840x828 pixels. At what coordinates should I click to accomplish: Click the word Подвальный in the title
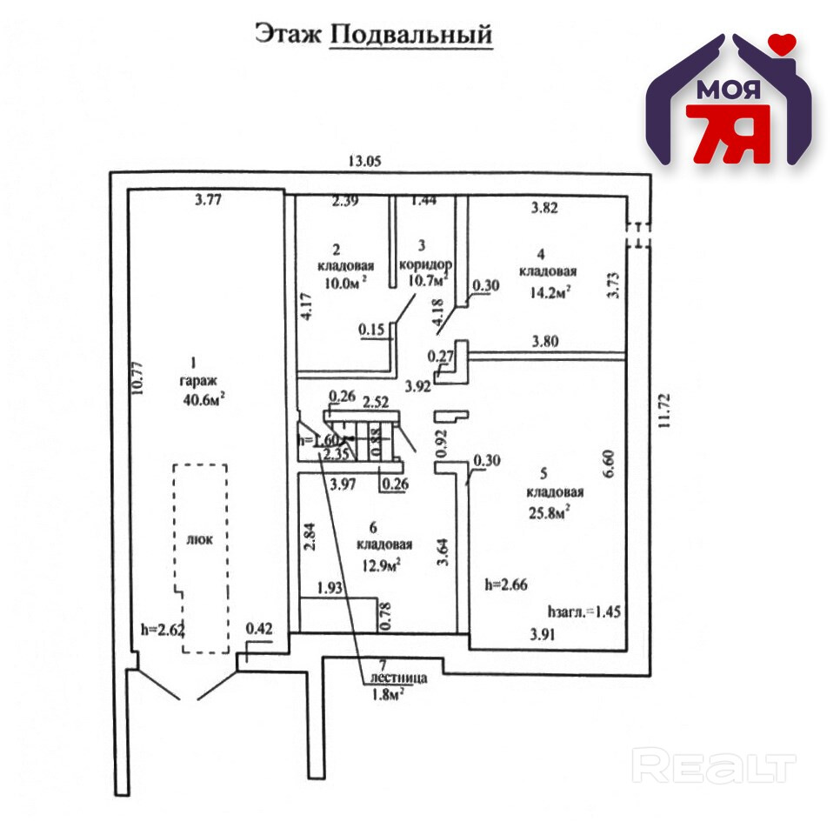(412, 34)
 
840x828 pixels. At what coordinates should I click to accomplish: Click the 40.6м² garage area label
(203, 398)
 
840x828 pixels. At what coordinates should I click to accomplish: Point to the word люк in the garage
(199, 538)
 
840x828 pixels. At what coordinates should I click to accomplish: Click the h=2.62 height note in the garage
(163, 627)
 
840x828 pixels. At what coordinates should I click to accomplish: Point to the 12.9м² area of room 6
(379, 566)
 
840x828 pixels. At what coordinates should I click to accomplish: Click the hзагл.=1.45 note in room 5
(583, 611)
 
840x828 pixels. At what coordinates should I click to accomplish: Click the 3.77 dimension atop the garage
(208, 201)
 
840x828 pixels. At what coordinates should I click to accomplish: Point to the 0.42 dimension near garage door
(259, 627)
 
